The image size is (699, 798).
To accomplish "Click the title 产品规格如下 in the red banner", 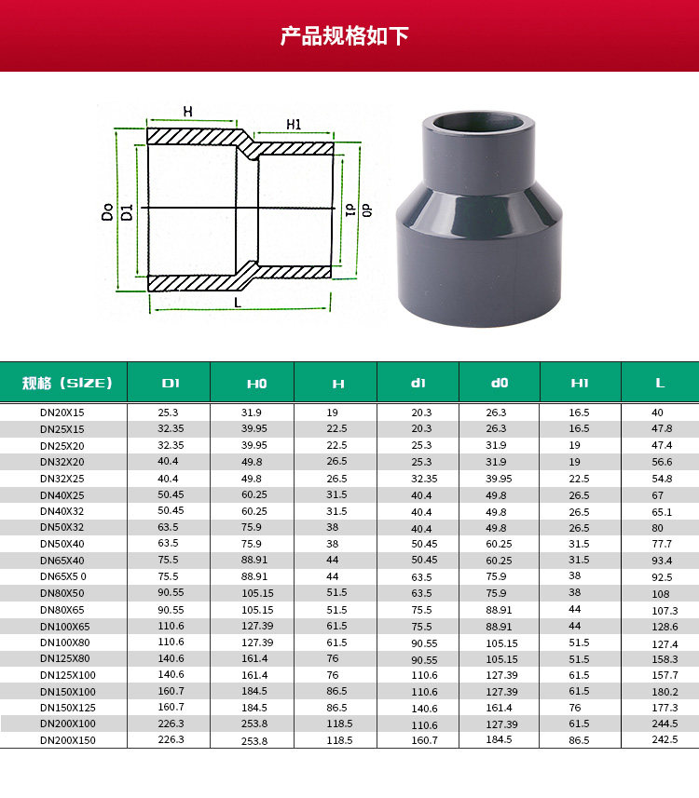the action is coord(345,36).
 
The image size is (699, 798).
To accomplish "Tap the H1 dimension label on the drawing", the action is coord(294,125).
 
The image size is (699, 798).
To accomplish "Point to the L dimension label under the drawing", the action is coord(238,303).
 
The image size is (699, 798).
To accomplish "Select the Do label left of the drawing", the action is coord(107,211).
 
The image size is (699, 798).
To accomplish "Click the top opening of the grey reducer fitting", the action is coord(478,123).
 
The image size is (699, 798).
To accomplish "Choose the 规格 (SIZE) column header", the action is coord(67,383).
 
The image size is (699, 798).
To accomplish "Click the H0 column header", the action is coord(257,384).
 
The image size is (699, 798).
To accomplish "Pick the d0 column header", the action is coord(500,383).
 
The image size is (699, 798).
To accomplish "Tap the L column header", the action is coord(660,383).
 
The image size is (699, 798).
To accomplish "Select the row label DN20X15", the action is coord(62,413).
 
